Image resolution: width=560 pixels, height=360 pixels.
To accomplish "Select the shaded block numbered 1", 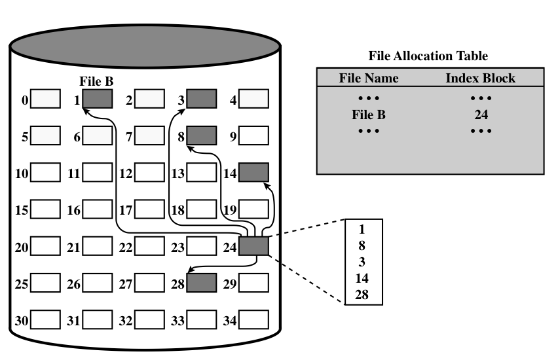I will (x=98, y=99).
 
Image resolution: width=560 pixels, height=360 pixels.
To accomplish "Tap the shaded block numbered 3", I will (x=201, y=99).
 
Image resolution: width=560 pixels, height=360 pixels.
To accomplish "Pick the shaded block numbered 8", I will (x=201, y=135).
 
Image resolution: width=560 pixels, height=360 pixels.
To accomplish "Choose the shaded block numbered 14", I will (x=253, y=172).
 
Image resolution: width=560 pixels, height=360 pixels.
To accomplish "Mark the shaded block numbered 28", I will (x=201, y=283).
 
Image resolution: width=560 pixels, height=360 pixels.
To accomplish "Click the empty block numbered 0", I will (x=46, y=99).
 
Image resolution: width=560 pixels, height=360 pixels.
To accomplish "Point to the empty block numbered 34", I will (x=253, y=321).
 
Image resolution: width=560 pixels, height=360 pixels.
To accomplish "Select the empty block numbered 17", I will (x=150, y=209).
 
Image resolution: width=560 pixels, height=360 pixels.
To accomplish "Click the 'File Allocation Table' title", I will (x=428, y=56).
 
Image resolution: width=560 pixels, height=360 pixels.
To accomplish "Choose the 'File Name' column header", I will (x=369, y=78).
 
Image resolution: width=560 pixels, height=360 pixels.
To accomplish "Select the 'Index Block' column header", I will (x=480, y=78).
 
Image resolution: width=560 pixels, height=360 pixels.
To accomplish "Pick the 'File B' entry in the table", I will (x=369, y=115).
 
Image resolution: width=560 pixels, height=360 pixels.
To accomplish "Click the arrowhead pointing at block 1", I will (x=86, y=112).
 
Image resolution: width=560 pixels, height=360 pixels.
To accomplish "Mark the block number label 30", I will (x=21, y=321).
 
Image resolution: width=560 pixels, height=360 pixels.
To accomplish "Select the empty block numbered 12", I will (x=150, y=173).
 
